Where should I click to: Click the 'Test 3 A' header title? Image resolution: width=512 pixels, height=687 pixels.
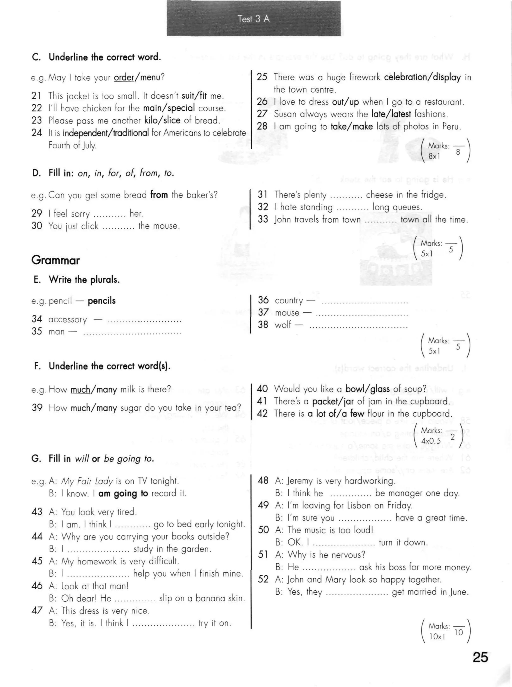click(x=253, y=19)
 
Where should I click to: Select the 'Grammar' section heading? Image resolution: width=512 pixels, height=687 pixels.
click(x=55, y=260)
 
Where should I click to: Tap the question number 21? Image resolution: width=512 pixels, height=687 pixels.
click(x=36, y=96)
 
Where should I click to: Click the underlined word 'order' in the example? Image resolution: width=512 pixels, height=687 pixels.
click(x=124, y=77)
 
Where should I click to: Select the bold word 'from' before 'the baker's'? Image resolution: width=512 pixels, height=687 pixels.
click(x=159, y=195)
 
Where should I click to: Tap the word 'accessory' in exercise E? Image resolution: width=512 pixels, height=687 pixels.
click(x=67, y=320)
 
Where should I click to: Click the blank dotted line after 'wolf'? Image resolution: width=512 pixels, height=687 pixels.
click(x=358, y=327)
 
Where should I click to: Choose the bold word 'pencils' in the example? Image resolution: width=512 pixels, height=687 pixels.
click(x=102, y=301)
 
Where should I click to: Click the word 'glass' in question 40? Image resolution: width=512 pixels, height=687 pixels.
click(x=380, y=389)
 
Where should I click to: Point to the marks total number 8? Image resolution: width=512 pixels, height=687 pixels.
click(x=458, y=152)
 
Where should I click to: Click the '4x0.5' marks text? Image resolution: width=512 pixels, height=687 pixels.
click(x=431, y=441)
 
